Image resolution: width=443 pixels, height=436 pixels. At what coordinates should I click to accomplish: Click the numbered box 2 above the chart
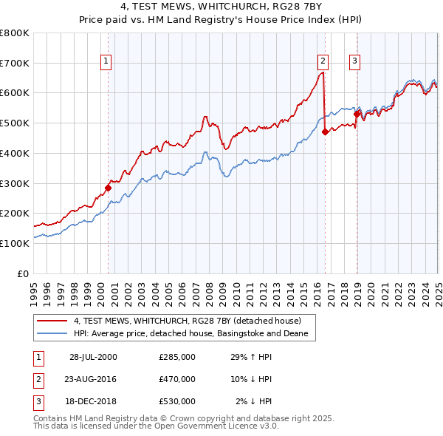(323, 61)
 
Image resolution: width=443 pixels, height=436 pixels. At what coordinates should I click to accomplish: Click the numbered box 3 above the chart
(355, 61)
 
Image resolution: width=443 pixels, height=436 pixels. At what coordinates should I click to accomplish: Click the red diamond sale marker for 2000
(108, 188)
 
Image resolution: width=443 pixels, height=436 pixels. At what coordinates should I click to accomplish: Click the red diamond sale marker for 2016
(326, 132)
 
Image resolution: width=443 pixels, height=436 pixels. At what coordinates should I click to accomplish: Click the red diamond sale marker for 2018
(357, 114)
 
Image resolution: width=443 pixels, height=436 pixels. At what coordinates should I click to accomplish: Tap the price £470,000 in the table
(177, 379)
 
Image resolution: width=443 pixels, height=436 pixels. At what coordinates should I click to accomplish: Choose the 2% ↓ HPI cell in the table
(254, 401)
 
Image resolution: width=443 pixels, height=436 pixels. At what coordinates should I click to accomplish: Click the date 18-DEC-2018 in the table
(93, 401)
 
